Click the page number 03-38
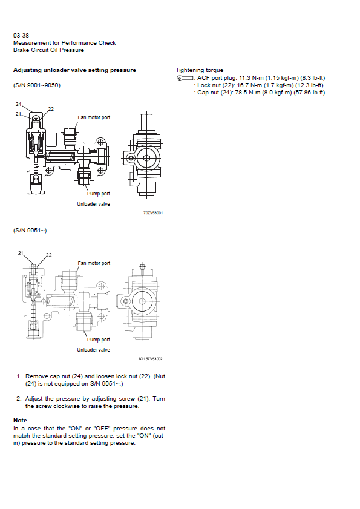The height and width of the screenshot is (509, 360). click(x=21, y=35)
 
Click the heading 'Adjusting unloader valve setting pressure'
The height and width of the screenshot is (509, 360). click(x=74, y=70)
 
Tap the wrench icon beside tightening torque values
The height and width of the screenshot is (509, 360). click(x=185, y=78)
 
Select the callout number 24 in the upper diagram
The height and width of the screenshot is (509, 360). click(x=18, y=104)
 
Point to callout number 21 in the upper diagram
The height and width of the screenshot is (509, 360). click(x=18, y=114)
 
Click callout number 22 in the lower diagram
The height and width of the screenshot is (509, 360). click(x=48, y=255)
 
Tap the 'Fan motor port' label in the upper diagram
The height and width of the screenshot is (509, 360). click(x=94, y=117)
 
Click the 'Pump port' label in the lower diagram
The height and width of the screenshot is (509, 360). click(x=99, y=340)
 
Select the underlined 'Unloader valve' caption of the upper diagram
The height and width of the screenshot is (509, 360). click(x=94, y=204)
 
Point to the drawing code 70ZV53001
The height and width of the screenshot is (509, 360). click(x=153, y=213)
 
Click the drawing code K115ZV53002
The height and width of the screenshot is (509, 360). click(x=151, y=359)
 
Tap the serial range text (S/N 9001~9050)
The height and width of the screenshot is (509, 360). click(x=37, y=85)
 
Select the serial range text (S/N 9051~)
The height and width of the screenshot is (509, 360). click(x=30, y=231)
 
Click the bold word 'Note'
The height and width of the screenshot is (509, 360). click(x=20, y=421)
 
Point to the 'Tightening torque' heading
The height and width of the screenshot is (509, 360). click(x=199, y=70)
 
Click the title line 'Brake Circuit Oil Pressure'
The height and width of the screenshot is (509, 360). click(x=48, y=50)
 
